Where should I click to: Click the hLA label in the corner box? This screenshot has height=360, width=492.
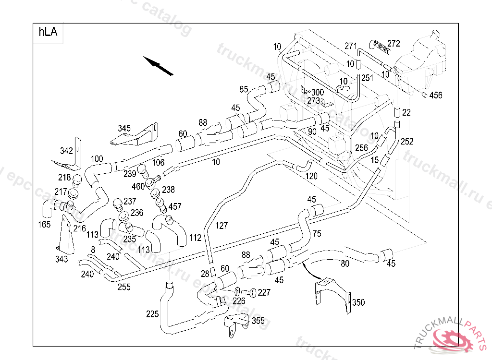[48, 33]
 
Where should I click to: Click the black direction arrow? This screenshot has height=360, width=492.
[159, 66]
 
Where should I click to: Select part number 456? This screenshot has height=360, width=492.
[436, 96]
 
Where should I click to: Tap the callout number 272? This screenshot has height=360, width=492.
[394, 44]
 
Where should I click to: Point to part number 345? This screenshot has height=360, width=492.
[124, 129]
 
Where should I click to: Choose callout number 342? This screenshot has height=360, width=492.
[66, 151]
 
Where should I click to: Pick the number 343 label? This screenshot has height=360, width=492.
[61, 259]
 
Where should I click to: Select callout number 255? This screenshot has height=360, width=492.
[124, 287]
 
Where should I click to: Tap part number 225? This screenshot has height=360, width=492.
[152, 314]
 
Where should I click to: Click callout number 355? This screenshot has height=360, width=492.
[258, 321]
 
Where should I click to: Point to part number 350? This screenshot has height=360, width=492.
[358, 302]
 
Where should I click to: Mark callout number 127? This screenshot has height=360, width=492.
[221, 226]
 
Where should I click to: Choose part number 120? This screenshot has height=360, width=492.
[311, 176]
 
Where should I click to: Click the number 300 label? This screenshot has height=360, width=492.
[318, 92]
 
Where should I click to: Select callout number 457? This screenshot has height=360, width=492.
[175, 206]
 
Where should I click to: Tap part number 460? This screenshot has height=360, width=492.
[138, 186]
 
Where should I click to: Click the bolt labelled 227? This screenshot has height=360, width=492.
[249, 292]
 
